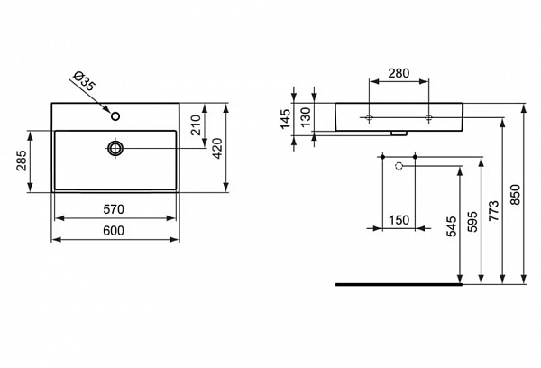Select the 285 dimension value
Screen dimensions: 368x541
19,161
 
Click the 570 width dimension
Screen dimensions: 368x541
113,209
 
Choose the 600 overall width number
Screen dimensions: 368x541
113,231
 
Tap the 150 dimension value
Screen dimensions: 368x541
399,220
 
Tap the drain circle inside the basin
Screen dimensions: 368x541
116,147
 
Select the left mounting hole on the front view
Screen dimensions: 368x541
371,118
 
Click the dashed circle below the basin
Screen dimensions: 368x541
399,165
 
